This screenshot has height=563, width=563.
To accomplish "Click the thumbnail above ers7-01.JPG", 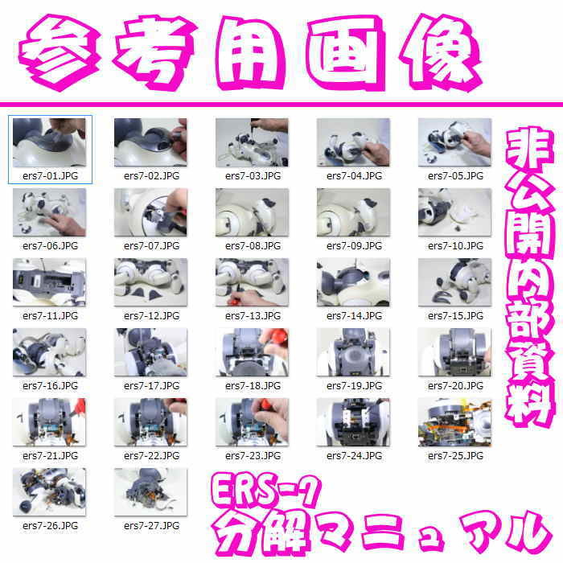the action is (x=50, y=142).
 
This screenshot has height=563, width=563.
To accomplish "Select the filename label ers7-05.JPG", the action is (x=455, y=176).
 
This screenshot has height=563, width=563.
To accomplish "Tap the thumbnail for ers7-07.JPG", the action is (x=151, y=212).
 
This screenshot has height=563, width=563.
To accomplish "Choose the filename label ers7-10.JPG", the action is (x=455, y=246).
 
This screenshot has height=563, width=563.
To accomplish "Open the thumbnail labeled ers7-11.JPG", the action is (x=50, y=282).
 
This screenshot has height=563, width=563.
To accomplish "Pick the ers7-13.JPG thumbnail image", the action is (x=252, y=282).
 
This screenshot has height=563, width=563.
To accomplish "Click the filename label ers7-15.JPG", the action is (x=455, y=316).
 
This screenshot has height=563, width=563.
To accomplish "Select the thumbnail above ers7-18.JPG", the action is (x=252, y=352).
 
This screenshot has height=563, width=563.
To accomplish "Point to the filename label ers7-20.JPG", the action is (x=455, y=386).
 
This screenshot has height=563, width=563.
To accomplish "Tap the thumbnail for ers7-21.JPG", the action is (x=50, y=422).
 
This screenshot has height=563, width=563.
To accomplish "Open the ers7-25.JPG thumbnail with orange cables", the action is (x=454, y=422).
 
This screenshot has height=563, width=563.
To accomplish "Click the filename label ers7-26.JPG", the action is (x=50, y=526).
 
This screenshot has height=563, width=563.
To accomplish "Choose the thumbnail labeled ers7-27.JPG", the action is (x=151, y=492).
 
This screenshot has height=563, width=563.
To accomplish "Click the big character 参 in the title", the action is (x=60, y=52).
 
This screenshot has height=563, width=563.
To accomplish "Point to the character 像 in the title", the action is (x=440, y=52).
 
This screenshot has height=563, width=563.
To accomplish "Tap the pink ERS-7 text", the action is (x=265, y=491).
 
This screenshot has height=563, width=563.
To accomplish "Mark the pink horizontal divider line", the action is (x=281, y=105).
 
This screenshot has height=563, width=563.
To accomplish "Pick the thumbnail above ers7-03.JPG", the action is (x=252, y=142).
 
